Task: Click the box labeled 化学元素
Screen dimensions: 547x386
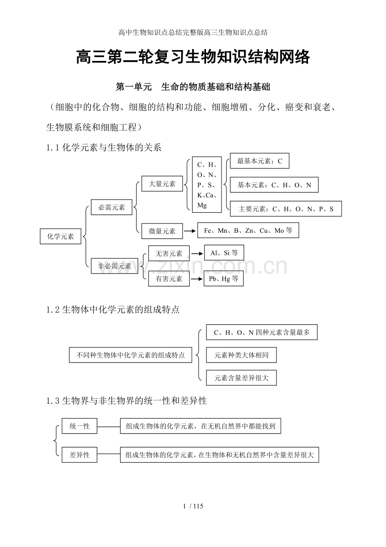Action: [60, 237]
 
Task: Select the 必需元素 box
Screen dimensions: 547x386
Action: [112, 207]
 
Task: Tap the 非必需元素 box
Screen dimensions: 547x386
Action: [115, 266]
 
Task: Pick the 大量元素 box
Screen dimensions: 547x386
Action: [162, 184]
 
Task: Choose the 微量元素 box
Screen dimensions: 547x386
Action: [162, 231]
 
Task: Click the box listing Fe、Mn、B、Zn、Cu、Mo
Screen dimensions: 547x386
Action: [248, 230]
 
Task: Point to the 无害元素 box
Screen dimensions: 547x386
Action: [169, 253]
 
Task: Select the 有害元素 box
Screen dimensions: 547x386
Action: [169, 279]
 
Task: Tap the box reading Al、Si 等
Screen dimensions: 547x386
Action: [224, 252]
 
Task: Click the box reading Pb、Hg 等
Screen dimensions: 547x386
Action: [224, 279]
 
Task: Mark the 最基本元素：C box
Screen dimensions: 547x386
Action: [259, 161]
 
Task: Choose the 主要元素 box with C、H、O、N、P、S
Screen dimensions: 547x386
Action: [286, 209]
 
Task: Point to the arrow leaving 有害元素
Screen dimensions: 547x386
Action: [196, 279]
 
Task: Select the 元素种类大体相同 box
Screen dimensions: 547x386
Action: [241, 355]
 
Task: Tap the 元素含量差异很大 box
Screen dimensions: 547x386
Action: [241, 378]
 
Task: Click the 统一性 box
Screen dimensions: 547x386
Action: [79, 426]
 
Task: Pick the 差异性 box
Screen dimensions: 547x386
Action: [79, 455]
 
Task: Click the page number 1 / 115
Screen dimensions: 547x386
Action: [193, 506]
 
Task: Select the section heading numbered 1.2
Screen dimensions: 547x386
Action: [113, 310]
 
